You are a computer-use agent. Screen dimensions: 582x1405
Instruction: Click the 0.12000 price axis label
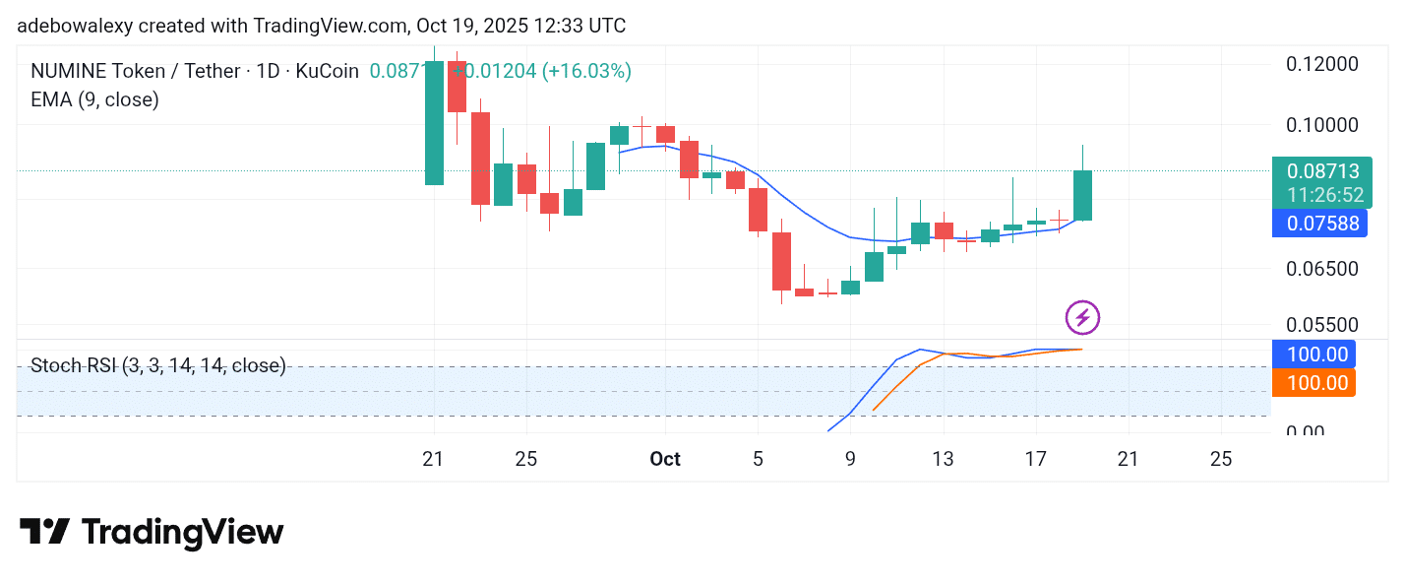(x=1322, y=64)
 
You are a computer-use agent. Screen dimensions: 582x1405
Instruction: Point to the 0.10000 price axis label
(x=1322, y=125)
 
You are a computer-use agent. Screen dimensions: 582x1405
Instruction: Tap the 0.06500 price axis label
(x=1322, y=269)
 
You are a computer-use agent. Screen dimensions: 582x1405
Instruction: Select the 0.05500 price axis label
(x=1322, y=325)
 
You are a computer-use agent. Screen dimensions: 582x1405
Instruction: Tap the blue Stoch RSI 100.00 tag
(x=1313, y=355)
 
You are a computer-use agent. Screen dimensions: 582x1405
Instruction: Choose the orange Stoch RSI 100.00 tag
(x=1313, y=383)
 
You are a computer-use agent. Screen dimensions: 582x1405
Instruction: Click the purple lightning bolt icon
(x=1082, y=318)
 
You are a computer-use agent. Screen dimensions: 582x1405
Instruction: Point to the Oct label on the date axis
(x=665, y=459)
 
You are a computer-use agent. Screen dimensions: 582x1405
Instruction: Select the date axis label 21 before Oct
(x=433, y=459)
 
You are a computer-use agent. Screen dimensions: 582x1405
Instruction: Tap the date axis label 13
(x=943, y=459)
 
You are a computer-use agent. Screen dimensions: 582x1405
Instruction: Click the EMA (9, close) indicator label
(x=94, y=99)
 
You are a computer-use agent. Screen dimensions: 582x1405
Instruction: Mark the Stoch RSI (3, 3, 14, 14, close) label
(x=158, y=366)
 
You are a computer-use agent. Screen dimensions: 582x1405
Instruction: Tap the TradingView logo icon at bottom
(x=45, y=533)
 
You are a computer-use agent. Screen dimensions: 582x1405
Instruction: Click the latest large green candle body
(x=1082, y=195)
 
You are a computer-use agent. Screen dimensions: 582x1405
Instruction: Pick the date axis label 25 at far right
(x=1221, y=459)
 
